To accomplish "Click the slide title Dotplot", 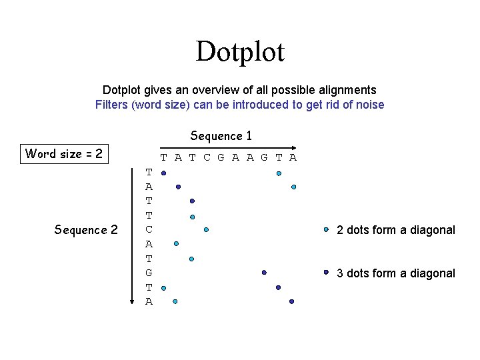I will click(240, 52).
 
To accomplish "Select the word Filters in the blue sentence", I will click(113, 105).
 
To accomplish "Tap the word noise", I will click(370, 105).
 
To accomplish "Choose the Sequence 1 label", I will click(221, 136).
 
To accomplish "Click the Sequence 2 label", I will click(85, 230).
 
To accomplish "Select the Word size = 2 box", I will click(64, 154).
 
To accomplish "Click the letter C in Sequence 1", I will click(207, 158).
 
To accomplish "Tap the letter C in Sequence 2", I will click(149, 229).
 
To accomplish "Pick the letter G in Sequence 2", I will click(149, 273).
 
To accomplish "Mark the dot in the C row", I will click(206, 229).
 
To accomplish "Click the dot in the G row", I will click(264, 273).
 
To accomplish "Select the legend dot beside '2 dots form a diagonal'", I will click(326, 229).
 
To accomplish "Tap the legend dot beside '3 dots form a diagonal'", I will click(326, 272).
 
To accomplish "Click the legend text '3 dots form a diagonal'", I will click(396, 273).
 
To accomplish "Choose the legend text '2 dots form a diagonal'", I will click(396, 230).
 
